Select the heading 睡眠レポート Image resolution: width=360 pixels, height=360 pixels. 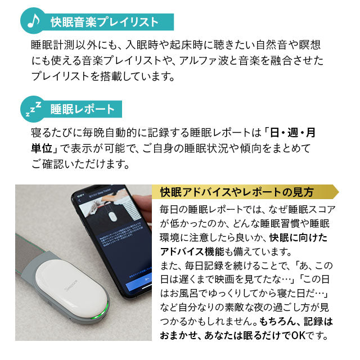(x=82, y=109)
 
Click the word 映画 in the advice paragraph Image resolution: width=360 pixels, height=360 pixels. (x=218, y=280)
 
